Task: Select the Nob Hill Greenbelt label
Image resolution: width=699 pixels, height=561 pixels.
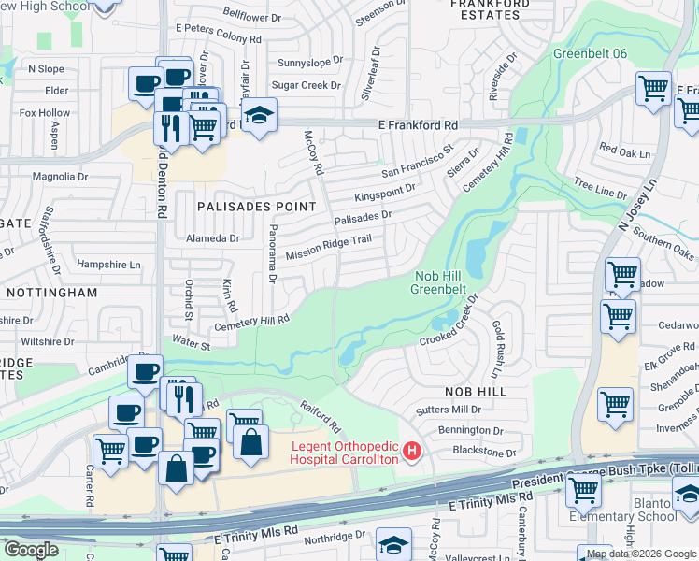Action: click(438, 281)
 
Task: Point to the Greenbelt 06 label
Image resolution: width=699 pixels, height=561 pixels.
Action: click(590, 53)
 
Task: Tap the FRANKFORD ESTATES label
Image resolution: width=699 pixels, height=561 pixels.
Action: click(484, 9)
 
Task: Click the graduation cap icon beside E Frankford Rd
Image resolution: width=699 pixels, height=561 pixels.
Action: click(258, 115)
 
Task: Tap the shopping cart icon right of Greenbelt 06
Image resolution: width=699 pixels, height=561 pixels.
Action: click(653, 89)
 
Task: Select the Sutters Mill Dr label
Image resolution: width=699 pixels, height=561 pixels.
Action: click(449, 410)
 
